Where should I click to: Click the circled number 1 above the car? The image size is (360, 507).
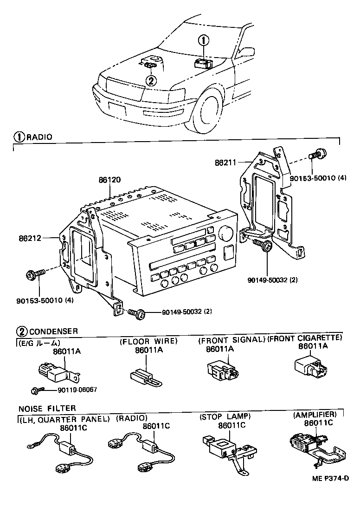coord(203,41)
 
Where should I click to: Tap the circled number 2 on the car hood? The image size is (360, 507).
coord(151,80)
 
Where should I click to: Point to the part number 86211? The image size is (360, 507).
coord(225,163)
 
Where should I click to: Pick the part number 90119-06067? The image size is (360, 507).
coord(77,390)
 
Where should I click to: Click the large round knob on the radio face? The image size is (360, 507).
coord(226,233)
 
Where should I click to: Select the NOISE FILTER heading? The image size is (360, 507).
coord(47,409)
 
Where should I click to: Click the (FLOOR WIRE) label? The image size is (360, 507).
coord(148,341)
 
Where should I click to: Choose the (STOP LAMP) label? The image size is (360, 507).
coord(225,416)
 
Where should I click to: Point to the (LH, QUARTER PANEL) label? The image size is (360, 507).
coord(64,418)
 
